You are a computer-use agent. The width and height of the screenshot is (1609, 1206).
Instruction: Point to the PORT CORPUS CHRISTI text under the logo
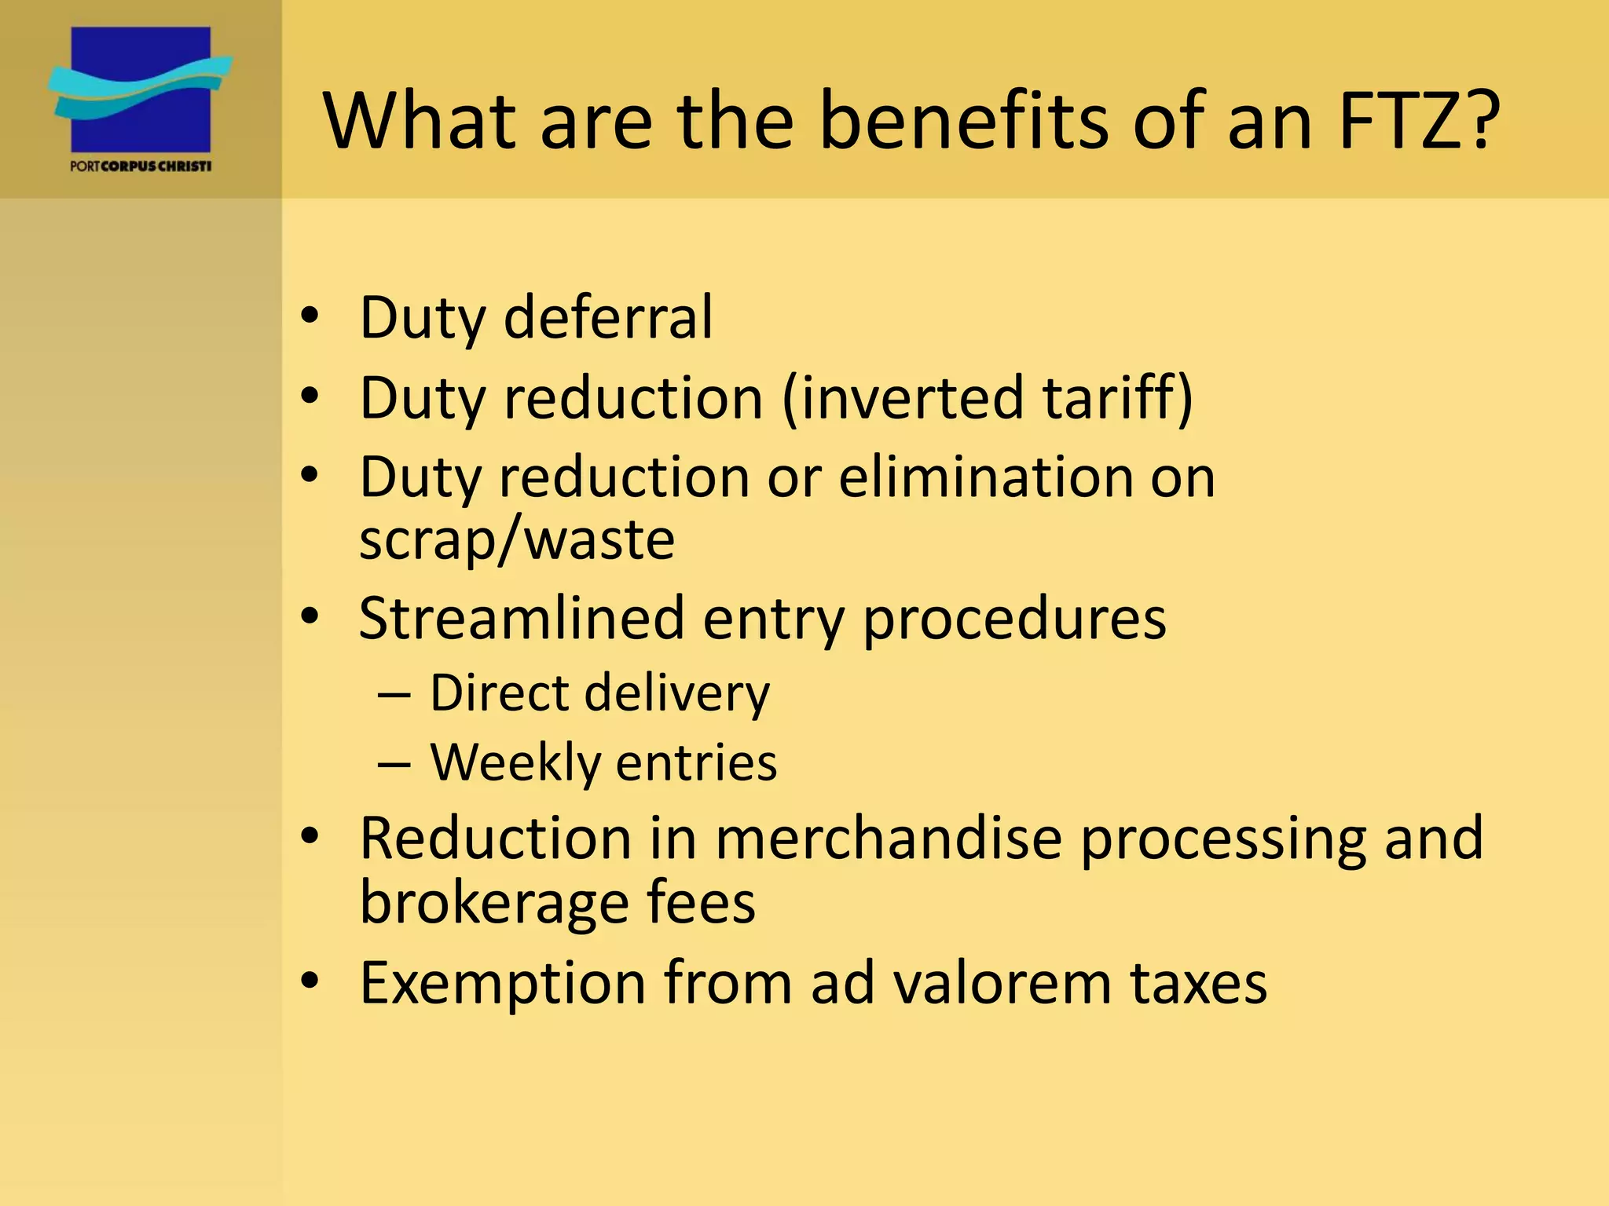[x=141, y=166]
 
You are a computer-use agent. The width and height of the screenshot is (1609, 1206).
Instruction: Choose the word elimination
[x=986, y=477]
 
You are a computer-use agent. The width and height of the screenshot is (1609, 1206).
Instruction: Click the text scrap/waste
[x=517, y=539]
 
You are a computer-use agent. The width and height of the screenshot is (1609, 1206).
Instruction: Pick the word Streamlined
[x=522, y=618]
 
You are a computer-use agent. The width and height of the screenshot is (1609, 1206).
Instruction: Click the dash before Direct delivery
[x=394, y=694]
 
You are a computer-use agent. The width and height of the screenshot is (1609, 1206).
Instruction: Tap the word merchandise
[x=888, y=838]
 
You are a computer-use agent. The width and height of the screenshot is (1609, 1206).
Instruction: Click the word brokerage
[x=494, y=902]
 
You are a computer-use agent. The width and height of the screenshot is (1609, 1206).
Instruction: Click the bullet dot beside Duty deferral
[x=310, y=316]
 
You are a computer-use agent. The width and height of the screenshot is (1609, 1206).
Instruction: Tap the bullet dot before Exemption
[x=310, y=981]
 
